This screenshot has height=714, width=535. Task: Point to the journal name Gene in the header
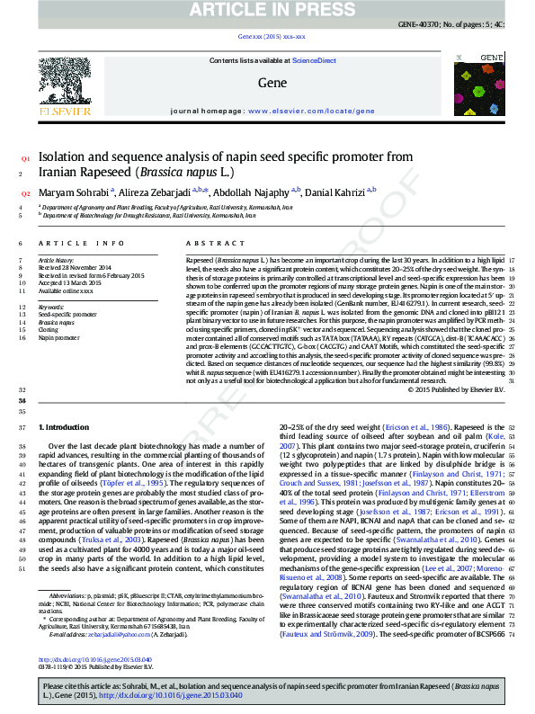tap(272, 83)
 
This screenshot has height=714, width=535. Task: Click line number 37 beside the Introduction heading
tap(22, 427)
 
